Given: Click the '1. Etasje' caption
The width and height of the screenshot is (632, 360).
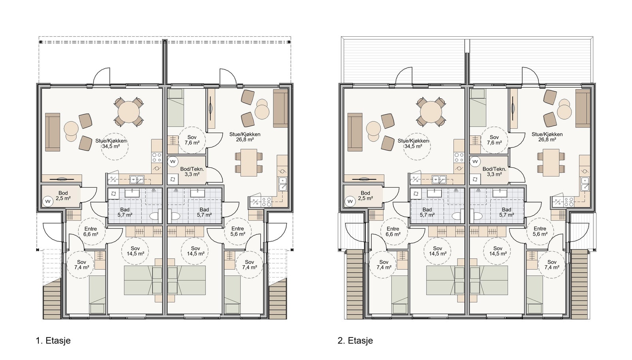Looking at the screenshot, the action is tap(53, 341).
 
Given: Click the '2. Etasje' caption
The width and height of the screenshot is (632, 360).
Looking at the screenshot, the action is tap(355, 341).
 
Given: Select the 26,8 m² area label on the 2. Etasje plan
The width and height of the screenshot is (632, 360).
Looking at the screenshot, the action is tap(547, 140).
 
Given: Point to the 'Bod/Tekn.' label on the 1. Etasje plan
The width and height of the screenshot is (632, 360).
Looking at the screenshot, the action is tap(192, 169).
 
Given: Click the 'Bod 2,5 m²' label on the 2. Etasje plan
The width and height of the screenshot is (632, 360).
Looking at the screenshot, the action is tap(365, 196).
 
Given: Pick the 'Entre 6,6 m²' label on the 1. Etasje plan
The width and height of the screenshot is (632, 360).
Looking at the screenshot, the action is tap(90, 231).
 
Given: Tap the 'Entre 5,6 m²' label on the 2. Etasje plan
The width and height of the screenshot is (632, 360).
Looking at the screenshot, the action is tap(540, 231).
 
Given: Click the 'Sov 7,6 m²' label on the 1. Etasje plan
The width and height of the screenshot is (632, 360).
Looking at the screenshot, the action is tap(192, 140).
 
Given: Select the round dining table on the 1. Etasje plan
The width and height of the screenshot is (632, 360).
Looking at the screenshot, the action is tap(129, 112).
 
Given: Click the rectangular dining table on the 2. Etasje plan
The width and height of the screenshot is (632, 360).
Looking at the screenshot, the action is tap(551, 163).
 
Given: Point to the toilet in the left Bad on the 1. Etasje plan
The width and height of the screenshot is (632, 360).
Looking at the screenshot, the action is tap(155, 216).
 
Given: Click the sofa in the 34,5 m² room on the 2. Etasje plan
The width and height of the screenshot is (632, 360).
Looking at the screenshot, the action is tap(355, 132).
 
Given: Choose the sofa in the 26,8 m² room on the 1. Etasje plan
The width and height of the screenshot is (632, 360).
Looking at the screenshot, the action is tap(280, 109).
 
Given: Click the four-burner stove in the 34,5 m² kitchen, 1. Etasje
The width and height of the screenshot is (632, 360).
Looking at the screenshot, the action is tap(156, 157).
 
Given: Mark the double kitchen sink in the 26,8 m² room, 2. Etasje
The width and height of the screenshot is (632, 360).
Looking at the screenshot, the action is tap(585, 184).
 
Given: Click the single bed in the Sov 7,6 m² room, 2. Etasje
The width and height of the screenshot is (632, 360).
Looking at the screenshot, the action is tap(478, 108).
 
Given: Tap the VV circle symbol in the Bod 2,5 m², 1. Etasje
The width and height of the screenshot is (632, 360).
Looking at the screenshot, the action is tap(47, 201).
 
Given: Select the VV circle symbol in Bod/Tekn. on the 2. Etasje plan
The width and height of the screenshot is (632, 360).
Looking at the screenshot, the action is tap(475, 161).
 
